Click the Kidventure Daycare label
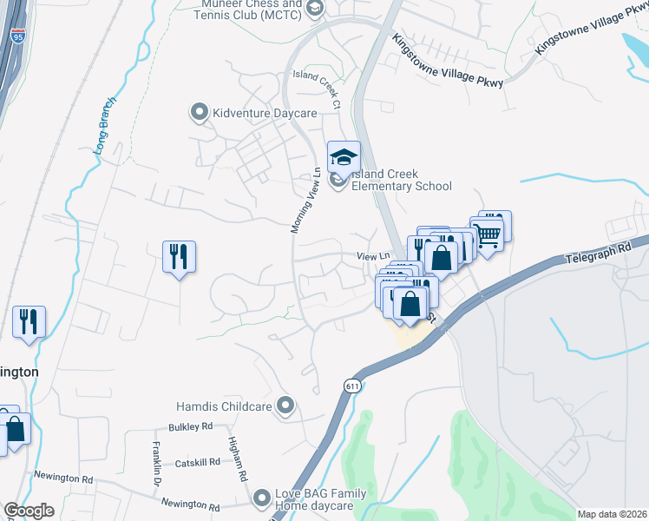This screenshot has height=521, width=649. point(260,113)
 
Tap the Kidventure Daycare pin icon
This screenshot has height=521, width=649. point(199,112)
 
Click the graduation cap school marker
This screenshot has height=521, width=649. point(344,157)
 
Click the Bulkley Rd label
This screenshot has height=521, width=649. point(191,427)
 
